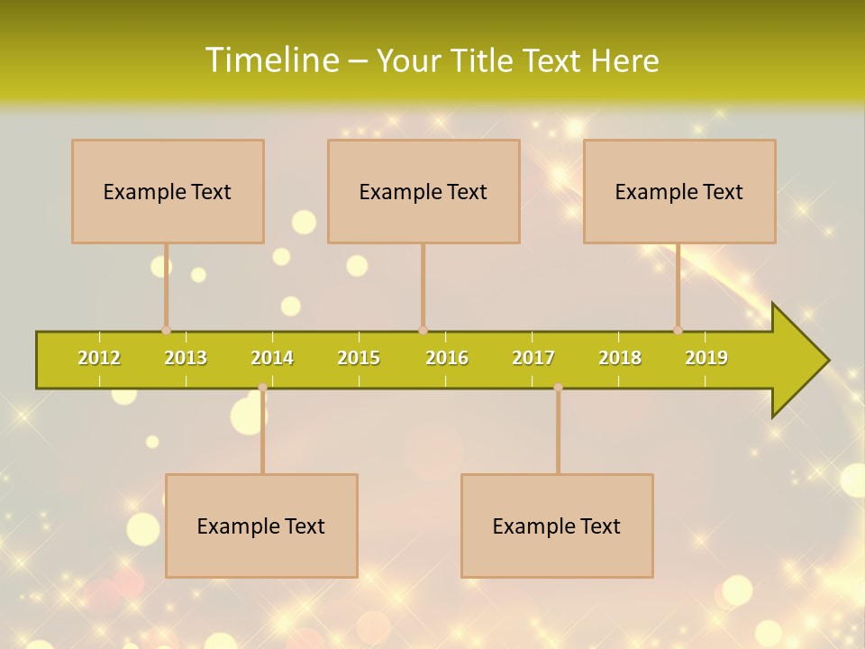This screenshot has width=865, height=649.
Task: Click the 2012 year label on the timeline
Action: click(x=99, y=358)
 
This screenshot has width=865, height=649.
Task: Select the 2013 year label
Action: click(x=186, y=358)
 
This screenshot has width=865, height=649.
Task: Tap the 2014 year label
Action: click(x=272, y=358)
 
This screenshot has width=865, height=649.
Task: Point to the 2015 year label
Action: click(x=359, y=358)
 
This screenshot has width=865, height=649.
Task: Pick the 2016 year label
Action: click(x=447, y=358)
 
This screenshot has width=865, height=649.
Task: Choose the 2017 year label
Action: click(x=533, y=358)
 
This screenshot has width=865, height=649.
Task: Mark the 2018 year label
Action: click(x=620, y=358)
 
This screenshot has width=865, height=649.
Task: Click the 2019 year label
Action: click(x=706, y=358)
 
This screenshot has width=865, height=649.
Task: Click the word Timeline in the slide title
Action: click(x=271, y=60)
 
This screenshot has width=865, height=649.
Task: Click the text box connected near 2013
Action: click(x=168, y=191)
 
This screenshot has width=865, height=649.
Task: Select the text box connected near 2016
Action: click(x=423, y=191)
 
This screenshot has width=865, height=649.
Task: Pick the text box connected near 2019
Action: click(x=679, y=191)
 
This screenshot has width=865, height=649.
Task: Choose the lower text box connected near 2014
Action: click(x=261, y=526)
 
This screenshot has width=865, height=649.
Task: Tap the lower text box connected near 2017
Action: click(x=557, y=526)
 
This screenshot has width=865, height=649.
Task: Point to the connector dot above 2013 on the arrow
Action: click(x=166, y=330)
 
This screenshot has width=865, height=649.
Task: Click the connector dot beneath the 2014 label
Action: click(x=262, y=388)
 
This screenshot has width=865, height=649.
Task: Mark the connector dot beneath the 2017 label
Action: click(x=558, y=388)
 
